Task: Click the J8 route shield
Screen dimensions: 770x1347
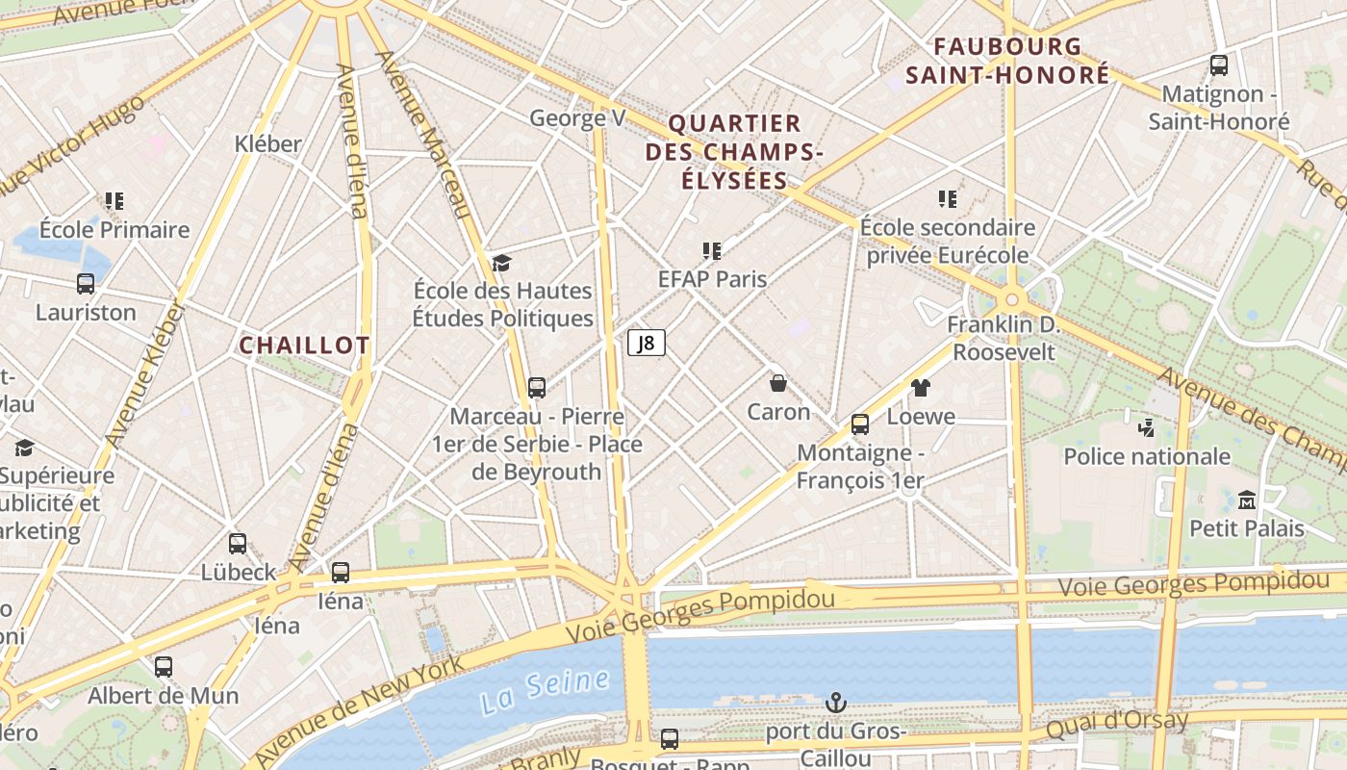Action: tap(647, 343)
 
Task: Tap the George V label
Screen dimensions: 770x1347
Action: tap(577, 118)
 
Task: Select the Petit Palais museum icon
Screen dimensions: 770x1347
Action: tap(1247, 500)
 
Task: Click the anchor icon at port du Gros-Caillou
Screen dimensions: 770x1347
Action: tap(836, 704)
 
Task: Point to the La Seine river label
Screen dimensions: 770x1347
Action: tap(546, 691)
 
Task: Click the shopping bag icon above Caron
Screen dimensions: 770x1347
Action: tap(778, 383)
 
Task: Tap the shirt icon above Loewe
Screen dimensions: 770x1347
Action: tap(921, 388)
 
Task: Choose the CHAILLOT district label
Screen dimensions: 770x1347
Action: tap(304, 346)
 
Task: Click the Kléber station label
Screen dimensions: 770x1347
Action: tap(268, 144)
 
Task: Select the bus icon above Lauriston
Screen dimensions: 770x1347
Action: tap(86, 284)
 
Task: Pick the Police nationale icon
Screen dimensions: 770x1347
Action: tap(1146, 427)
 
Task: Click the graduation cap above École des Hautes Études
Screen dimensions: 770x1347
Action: tap(501, 263)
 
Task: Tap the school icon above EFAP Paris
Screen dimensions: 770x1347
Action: tap(712, 251)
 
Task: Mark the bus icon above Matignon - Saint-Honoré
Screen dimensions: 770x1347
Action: tap(1219, 65)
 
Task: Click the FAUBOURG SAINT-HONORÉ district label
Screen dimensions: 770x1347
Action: tap(1007, 61)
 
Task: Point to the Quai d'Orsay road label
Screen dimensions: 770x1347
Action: tap(1116, 724)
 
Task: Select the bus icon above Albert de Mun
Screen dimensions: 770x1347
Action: tap(164, 666)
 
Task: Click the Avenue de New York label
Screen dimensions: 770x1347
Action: tap(361, 707)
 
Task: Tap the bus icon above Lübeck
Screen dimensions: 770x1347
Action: tap(238, 543)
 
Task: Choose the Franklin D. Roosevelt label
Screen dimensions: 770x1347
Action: tap(1004, 338)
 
